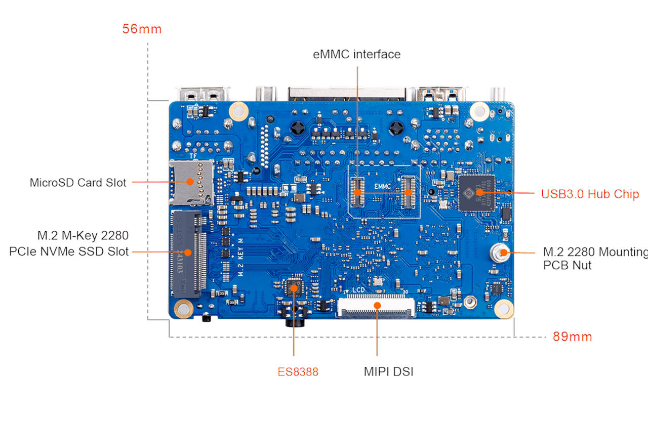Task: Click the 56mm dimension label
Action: click(x=142, y=29)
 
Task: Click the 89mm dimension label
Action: click(x=572, y=336)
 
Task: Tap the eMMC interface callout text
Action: click(x=357, y=54)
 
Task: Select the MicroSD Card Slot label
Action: click(x=78, y=183)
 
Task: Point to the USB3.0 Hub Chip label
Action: click(x=590, y=194)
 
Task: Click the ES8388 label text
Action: click(x=298, y=372)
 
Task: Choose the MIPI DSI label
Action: click(x=388, y=372)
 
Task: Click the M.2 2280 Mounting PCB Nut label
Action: click(x=595, y=258)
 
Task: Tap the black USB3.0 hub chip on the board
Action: click(x=476, y=193)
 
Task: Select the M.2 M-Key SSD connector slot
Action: click(x=188, y=253)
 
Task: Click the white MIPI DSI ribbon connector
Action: click(x=377, y=306)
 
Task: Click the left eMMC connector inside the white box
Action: click(x=358, y=193)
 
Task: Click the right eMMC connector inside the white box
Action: click(x=409, y=192)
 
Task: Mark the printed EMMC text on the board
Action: click(x=383, y=186)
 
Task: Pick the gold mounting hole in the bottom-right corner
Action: click(x=504, y=307)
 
